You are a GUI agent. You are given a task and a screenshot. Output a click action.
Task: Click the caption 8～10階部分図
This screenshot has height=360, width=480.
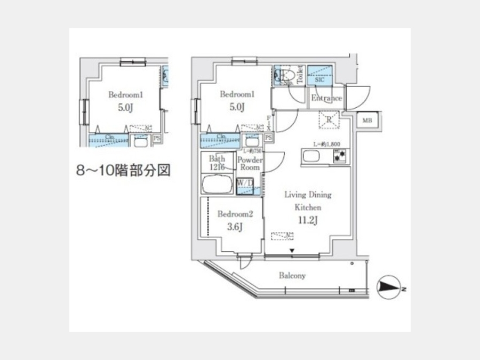pos(123,171)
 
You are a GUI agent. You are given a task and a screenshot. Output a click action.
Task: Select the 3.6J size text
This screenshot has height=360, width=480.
pos(235,227)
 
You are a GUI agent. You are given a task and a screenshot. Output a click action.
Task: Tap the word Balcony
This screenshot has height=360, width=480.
pos(292,276)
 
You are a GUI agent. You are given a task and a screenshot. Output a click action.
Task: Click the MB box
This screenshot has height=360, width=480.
pos(367,121)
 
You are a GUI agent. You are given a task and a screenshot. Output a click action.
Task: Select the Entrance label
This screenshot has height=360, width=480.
pos(326,98)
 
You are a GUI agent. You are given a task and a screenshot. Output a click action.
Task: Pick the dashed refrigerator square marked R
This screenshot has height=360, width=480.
pos(329,120)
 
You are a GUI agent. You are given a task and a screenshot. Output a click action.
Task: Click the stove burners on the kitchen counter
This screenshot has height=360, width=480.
pos(338,156)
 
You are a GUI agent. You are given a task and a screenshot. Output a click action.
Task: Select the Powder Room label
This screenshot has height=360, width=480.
pos(249,163)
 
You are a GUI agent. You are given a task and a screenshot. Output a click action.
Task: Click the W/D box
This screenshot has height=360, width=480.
pos(245,183)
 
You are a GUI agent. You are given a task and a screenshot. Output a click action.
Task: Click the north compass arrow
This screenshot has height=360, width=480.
pos(390,289)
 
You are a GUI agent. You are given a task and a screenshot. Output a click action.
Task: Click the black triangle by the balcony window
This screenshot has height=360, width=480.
pos(292,251)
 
